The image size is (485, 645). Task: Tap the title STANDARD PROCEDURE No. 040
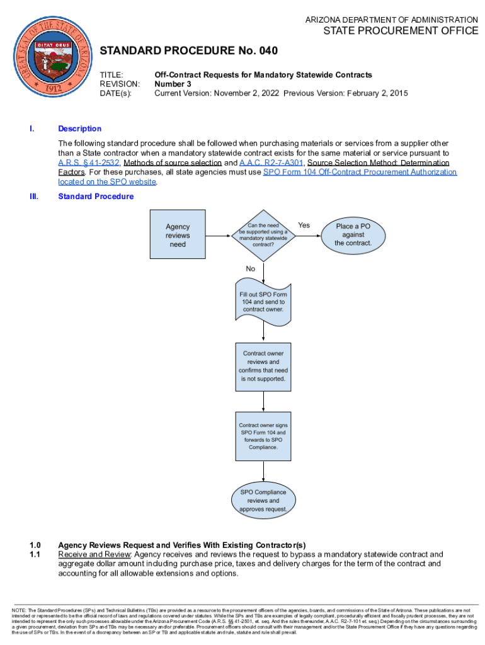189,50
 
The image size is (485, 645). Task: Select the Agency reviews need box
178,236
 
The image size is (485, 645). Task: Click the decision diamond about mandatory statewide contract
263,235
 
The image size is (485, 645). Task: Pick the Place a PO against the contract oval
353,235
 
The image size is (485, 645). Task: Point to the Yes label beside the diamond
304,225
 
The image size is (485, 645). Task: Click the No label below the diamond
251,268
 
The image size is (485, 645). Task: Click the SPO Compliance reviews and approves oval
263,500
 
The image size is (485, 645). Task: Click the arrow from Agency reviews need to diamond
219,236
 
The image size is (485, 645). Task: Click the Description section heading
79,128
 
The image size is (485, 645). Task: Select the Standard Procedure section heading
96,197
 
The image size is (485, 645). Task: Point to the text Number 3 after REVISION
173,84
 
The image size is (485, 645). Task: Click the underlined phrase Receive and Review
94,554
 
